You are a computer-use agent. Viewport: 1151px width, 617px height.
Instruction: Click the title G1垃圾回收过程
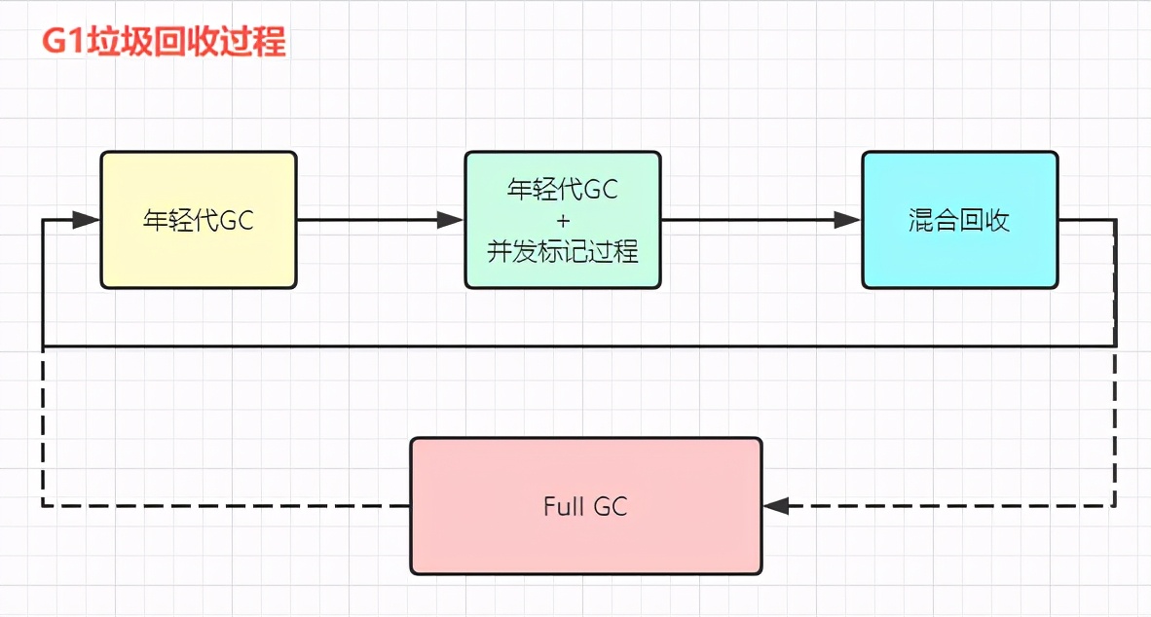pyautogui.click(x=163, y=44)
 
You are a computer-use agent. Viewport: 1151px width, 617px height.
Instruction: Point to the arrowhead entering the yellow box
pyautogui.click(x=88, y=220)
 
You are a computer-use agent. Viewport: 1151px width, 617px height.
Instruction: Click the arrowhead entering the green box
pyautogui.click(x=451, y=220)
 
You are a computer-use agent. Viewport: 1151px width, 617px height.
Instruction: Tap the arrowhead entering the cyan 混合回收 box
pyautogui.click(x=848, y=220)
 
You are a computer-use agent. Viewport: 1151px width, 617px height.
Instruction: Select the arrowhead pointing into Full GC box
pyautogui.click(x=776, y=506)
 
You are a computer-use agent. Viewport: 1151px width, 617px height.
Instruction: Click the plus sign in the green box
pyautogui.click(x=563, y=220)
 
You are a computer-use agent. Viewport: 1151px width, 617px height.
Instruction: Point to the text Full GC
pyautogui.click(x=585, y=506)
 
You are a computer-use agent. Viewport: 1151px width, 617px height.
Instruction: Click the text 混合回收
pyautogui.click(x=959, y=220)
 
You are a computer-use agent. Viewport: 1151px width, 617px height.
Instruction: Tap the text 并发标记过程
pyautogui.click(x=563, y=251)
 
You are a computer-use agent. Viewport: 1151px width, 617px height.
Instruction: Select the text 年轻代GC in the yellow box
pyautogui.click(x=199, y=220)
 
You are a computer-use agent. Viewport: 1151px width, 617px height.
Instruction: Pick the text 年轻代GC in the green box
pyautogui.click(x=563, y=189)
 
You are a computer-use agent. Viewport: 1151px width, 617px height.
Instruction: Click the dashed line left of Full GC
pyautogui.click(x=224, y=506)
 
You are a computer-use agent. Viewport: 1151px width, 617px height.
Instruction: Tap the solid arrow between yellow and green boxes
pyautogui.click(x=370, y=220)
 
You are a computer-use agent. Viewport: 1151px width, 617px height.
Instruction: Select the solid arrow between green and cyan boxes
pyautogui.click(x=750, y=220)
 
